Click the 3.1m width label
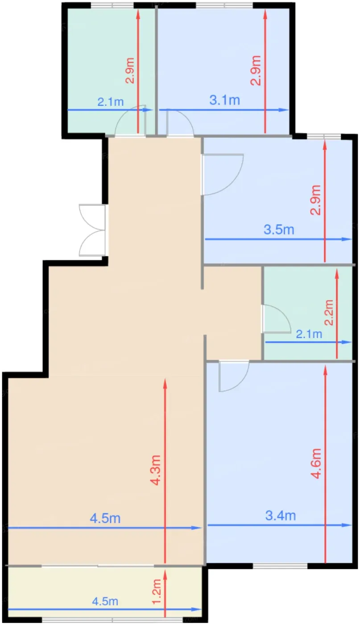point(224,100)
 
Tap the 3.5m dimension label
point(279,229)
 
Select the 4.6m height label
point(316,464)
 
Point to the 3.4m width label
point(280,515)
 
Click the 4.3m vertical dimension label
point(155,470)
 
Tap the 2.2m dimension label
point(329,312)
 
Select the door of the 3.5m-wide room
point(222,175)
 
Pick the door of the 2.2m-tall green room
point(276,319)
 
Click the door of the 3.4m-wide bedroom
point(234,376)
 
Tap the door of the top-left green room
point(131,121)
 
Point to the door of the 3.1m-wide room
point(180,123)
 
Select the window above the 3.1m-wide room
point(224,5)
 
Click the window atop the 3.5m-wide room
point(324,136)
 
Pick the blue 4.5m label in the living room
point(105,518)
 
